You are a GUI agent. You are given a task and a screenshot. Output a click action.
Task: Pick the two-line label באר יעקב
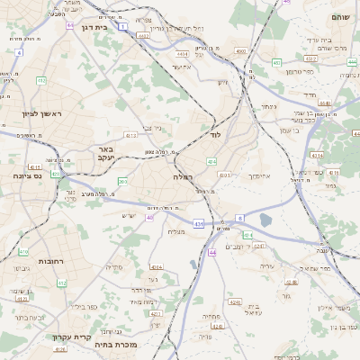coord(106,152)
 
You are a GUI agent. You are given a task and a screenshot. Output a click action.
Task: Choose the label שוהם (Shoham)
coord(340,18)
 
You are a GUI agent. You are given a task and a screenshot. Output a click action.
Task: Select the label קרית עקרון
coord(72,337)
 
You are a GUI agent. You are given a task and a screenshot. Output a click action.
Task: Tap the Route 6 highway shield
coord(240,218)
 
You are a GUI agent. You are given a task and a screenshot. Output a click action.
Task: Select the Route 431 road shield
coord(198,222)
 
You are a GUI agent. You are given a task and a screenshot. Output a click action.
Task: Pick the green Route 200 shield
coord(122,182)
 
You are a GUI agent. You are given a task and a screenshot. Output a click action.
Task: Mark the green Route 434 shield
coord(211,161)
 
